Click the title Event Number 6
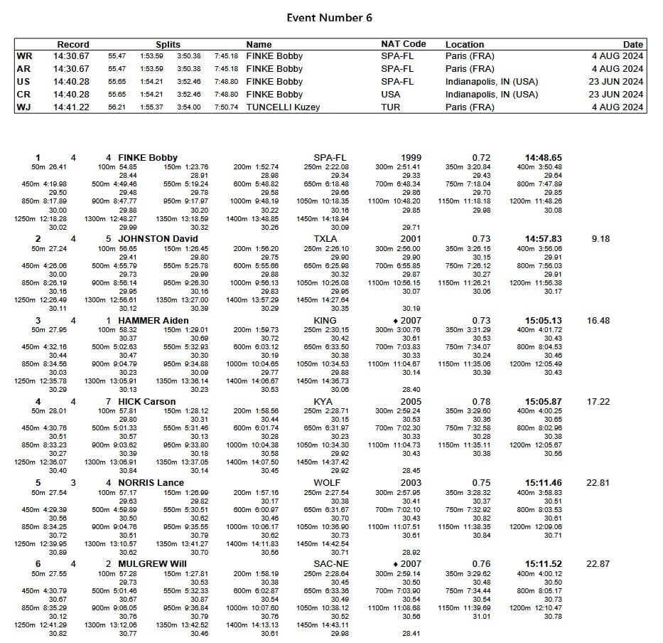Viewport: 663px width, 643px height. point(329,18)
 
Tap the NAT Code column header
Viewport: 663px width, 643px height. point(403,44)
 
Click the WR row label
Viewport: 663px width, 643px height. point(23,56)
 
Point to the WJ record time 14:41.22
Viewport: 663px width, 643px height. point(71,107)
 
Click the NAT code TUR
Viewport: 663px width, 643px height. point(390,107)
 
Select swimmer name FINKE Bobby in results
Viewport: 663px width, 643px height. point(148,158)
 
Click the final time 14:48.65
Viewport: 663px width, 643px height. point(543,158)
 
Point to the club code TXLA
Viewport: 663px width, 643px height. point(325,239)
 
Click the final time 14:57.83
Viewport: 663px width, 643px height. point(543,239)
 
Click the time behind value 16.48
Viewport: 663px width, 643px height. point(598,321)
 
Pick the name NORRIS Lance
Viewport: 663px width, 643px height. point(151,483)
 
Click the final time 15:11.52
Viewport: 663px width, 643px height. point(543,564)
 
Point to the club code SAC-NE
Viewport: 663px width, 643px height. point(330,564)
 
